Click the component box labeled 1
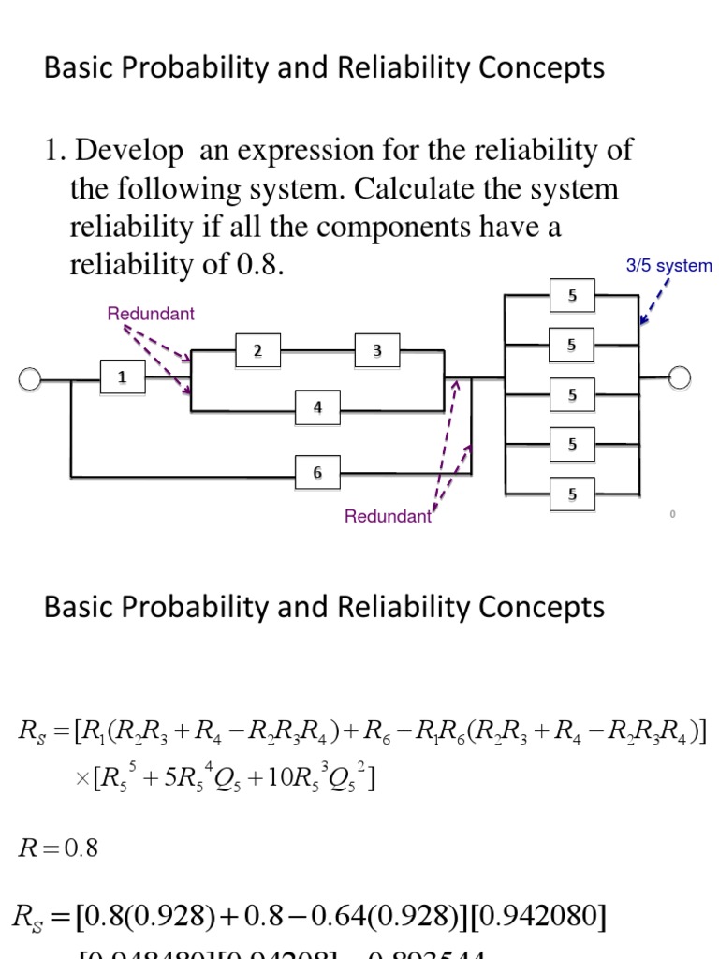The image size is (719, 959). (x=121, y=376)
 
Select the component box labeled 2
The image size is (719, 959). (x=256, y=350)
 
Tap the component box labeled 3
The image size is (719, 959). (x=376, y=350)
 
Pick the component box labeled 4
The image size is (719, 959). (x=317, y=407)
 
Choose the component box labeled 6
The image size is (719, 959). (x=317, y=473)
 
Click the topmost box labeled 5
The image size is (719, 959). (x=572, y=296)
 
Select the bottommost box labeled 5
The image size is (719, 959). (x=572, y=494)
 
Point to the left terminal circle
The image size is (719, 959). (x=30, y=378)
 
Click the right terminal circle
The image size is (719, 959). (x=680, y=377)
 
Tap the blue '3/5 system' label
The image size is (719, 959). (x=668, y=266)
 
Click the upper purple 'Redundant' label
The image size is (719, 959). (x=151, y=314)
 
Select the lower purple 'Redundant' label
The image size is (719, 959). (x=388, y=516)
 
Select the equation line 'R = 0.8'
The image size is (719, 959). (x=58, y=849)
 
